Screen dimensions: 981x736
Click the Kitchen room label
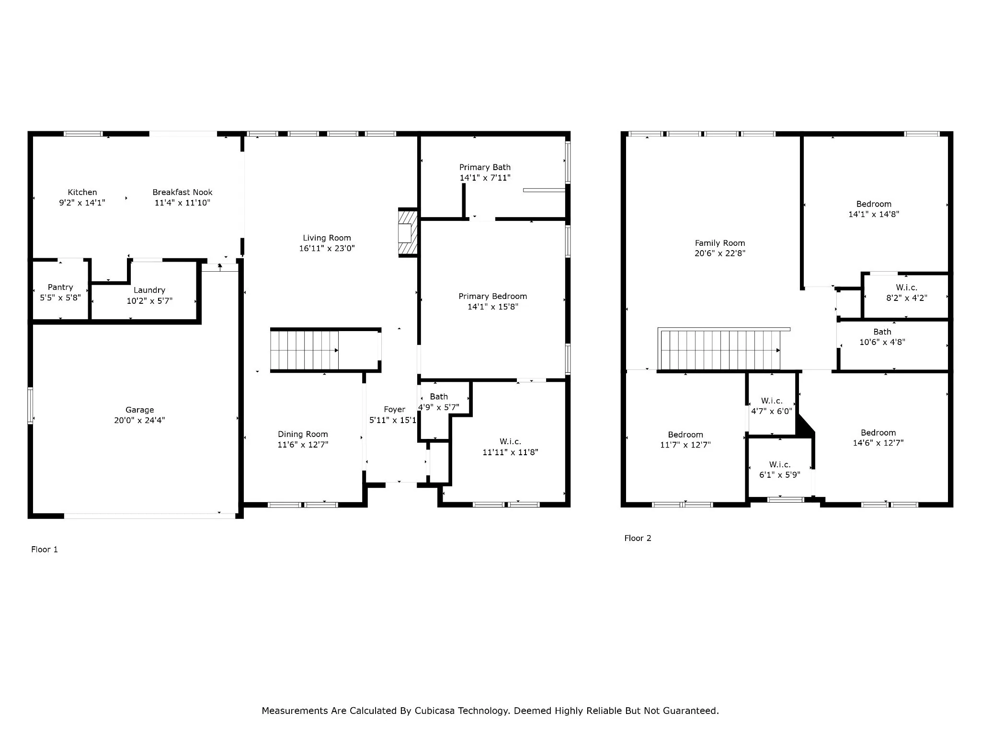82,192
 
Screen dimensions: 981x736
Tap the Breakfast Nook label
183,192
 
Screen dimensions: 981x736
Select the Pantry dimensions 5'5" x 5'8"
60,298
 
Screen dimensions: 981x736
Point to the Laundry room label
149,290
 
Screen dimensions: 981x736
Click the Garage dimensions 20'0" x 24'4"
139,420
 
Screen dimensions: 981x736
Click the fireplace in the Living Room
408,233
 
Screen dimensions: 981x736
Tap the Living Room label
327,238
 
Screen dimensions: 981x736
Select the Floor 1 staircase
305,350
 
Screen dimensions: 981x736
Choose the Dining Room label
303,434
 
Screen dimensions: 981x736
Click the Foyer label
394,409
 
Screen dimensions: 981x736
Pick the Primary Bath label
485,167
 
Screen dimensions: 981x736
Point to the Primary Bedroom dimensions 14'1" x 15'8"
493,307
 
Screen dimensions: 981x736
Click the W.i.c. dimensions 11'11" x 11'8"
510,452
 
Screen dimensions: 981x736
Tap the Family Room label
720,243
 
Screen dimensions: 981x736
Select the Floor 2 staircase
720,350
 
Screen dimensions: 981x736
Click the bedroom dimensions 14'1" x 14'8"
874,214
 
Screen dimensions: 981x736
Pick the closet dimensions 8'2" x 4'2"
907,298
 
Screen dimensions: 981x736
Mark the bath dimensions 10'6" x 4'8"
882,342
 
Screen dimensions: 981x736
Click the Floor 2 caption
638,538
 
